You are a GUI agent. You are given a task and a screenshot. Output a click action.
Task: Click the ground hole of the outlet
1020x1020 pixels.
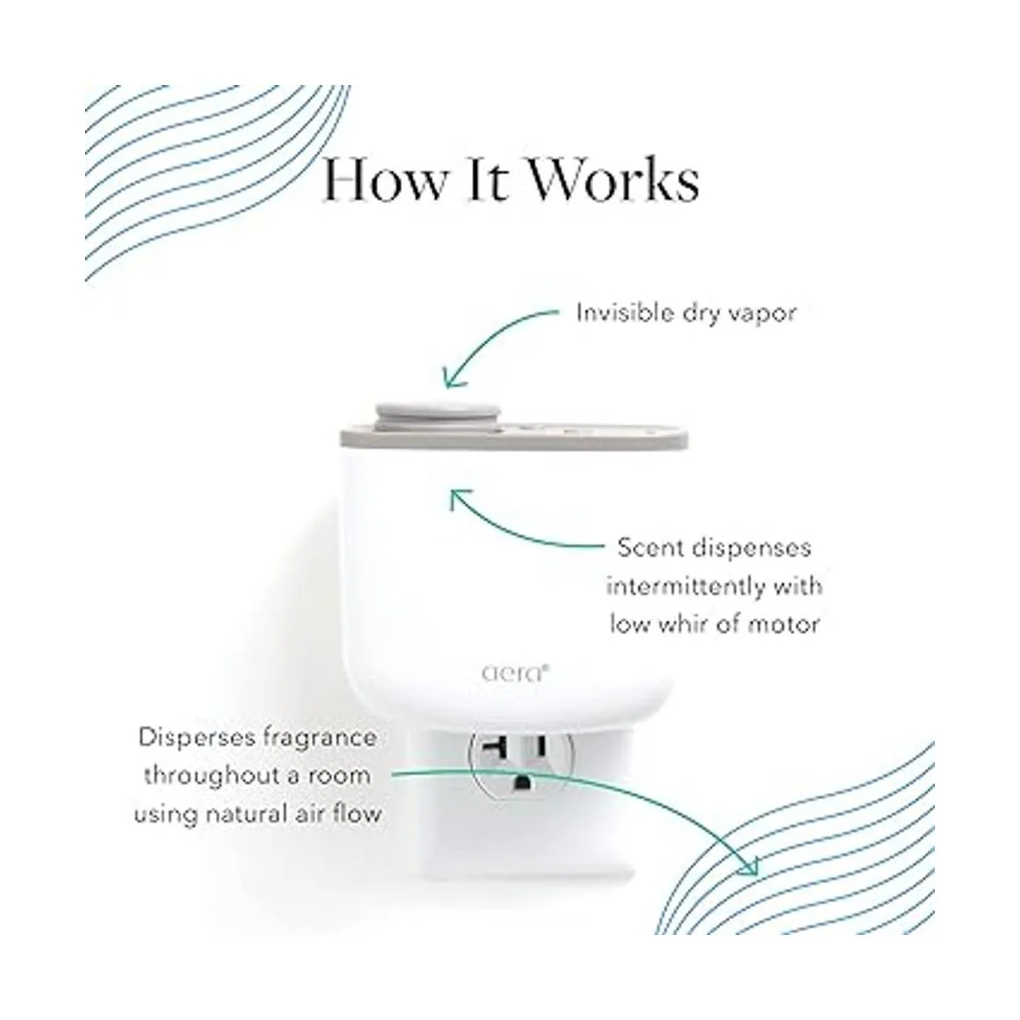pyautogui.click(x=522, y=784)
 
